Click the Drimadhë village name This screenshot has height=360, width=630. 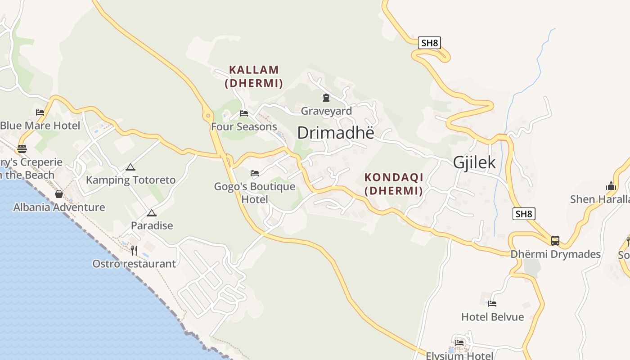[336, 133]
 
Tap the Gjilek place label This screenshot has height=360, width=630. [474, 162]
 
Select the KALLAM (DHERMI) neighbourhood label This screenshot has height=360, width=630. [254, 76]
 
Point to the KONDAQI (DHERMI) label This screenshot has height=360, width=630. [394, 184]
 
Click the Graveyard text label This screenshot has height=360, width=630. [326, 111]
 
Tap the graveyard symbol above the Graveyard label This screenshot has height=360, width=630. [326, 97]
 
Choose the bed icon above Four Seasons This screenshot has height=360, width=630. [244, 113]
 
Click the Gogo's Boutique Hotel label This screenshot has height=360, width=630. [255, 193]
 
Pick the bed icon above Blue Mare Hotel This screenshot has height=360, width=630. [40, 112]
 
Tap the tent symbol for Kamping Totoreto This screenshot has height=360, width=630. [130, 167]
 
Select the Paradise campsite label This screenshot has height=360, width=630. [152, 225]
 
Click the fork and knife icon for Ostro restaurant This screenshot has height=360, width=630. [134, 250]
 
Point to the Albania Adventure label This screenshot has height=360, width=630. [59, 207]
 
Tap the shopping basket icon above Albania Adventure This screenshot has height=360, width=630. [59, 194]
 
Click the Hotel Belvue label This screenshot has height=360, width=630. [492, 317]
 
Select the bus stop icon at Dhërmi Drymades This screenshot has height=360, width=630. [555, 241]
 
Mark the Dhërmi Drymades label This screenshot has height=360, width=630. [555, 254]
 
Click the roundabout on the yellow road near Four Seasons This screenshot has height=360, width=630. [208, 116]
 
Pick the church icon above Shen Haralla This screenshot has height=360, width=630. [611, 186]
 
